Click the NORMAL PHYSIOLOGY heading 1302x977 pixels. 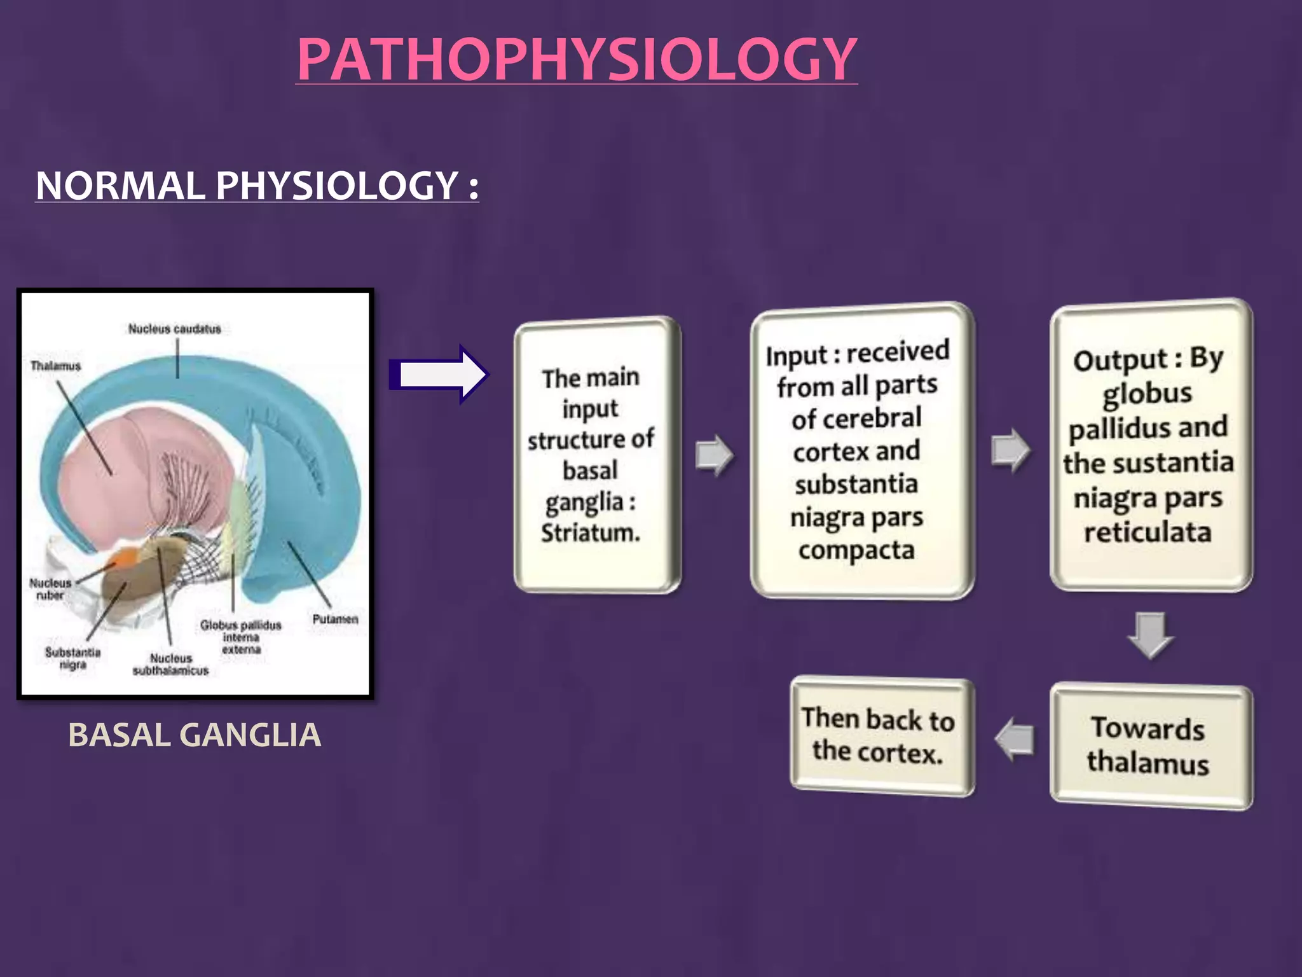(x=257, y=186)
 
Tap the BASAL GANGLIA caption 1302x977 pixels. (x=195, y=735)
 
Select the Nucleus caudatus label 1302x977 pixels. (x=174, y=329)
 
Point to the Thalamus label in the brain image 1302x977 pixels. (x=56, y=366)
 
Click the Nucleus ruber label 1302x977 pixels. (x=50, y=589)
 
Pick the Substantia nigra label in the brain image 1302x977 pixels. (x=72, y=658)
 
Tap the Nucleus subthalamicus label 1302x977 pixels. (x=170, y=665)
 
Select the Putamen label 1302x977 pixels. (x=335, y=619)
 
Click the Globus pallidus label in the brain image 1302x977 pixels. (x=240, y=626)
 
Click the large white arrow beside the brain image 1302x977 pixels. (x=439, y=375)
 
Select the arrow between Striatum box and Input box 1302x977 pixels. (x=715, y=455)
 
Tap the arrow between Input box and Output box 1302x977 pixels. (x=1010, y=450)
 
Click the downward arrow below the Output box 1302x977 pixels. (x=1150, y=634)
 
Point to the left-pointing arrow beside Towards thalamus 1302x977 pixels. (x=1015, y=739)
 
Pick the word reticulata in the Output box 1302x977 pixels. (x=1148, y=532)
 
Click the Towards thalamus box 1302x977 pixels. (x=1151, y=745)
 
